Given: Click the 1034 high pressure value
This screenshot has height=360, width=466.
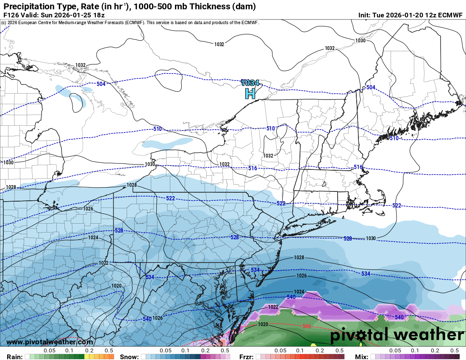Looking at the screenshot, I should pos(250,83).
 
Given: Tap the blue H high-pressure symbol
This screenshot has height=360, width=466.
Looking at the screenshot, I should pos(250,94).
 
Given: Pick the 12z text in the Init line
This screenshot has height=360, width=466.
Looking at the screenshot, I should pos(427,15).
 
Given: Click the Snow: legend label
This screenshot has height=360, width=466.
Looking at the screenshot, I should pos(129,357).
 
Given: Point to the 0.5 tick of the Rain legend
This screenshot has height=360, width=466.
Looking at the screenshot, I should pos(109,351).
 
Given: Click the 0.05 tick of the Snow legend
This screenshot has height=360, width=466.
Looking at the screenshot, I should pos(166,351).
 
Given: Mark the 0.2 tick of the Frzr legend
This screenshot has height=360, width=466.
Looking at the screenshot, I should pos(320,351).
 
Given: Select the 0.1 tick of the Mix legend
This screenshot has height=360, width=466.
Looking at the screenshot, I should pos(415,351).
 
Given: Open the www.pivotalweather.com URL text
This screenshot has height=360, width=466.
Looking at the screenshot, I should pos(50,342).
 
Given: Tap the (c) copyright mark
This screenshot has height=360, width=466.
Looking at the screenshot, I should pos(3,22).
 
